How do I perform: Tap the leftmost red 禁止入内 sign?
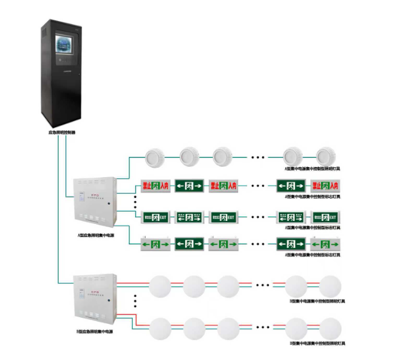[x=155, y=185]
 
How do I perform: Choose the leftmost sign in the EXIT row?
[x=155, y=217]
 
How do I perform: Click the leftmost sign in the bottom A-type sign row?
[x=155, y=244]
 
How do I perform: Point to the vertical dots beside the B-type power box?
[x=135, y=302]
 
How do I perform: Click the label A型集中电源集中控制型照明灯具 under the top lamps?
[x=312, y=168]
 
